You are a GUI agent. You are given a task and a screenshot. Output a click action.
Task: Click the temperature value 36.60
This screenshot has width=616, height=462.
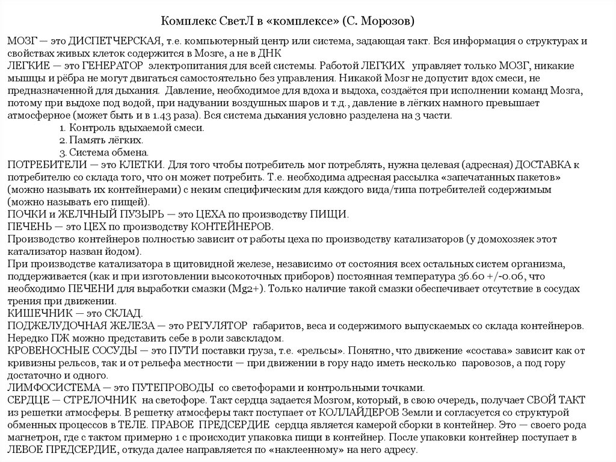pyautogui.click(x=457, y=276)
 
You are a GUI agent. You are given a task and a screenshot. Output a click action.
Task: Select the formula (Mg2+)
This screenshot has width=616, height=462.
pyautogui.click(x=242, y=289)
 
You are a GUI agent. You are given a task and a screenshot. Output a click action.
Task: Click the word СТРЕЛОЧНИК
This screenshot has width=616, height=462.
pyautogui.click(x=100, y=400)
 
